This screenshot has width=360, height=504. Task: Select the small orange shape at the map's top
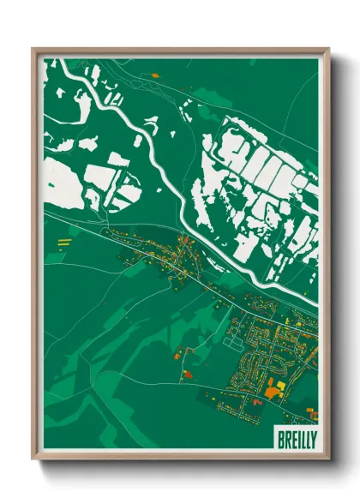pyautogui.click(x=155, y=75)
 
